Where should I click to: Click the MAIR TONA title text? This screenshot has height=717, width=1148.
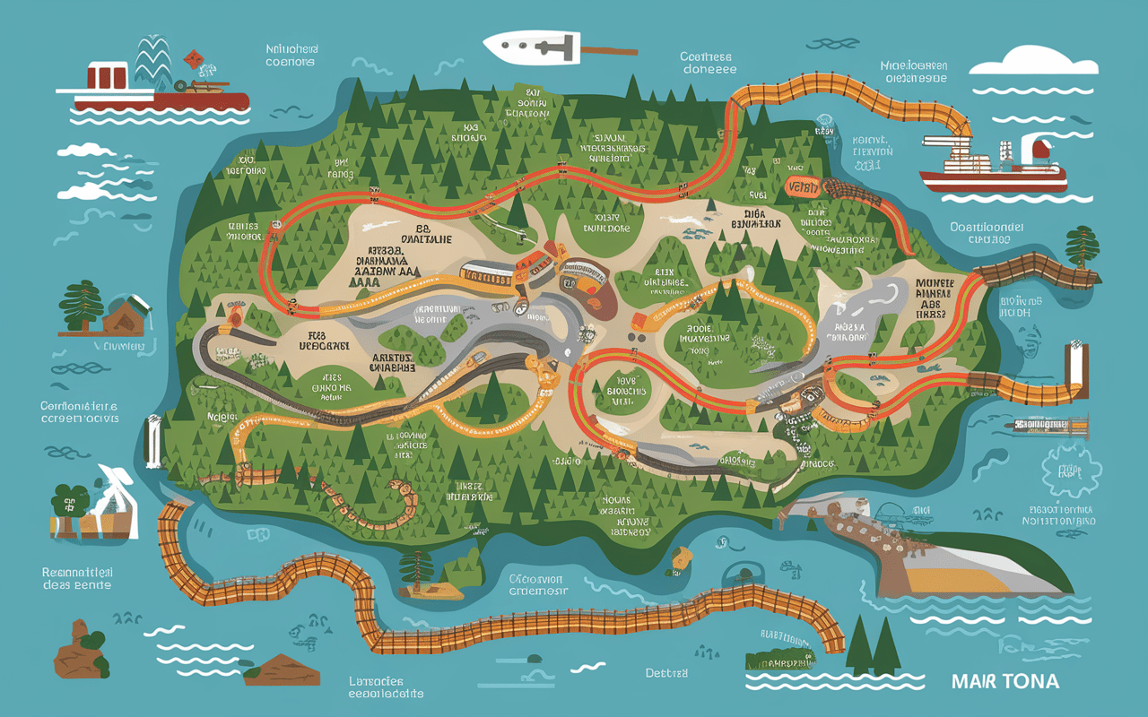[1004, 682]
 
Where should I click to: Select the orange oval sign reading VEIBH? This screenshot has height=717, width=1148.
[802, 186]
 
